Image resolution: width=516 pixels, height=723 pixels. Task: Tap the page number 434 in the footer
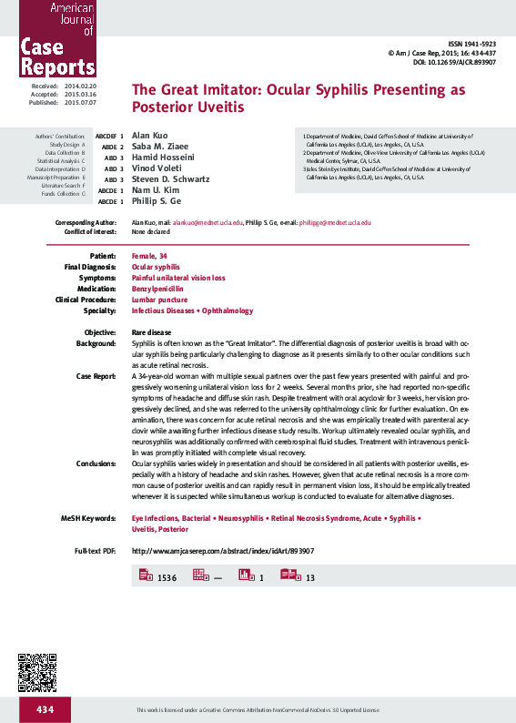pyautogui.click(x=46, y=708)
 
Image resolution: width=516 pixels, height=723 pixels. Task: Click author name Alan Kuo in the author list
pyautogui.click(x=150, y=136)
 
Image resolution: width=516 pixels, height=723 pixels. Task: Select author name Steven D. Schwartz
pyautogui.click(x=171, y=179)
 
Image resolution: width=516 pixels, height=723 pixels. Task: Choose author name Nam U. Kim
pyautogui.click(x=156, y=190)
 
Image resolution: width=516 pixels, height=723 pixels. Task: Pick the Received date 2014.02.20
pyautogui.click(x=78, y=85)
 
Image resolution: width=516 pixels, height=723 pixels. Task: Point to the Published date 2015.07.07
pyautogui.click(x=78, y=103)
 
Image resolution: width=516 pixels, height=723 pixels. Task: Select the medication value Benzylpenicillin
pyautogui.click(x=157, y=288)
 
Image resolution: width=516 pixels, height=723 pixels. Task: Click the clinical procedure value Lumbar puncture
pyautogui.click(x=157, y=299)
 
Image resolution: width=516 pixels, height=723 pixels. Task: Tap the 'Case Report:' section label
pyautogui.click(x=96, y=375)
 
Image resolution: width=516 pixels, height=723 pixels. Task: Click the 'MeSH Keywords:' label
pyautogui.click(x=88, y=517)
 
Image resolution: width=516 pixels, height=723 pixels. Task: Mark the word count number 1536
pyautogui.click(x=167, y=578)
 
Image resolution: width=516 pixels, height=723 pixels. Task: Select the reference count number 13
pyautogui.click(x=310, y=578)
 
